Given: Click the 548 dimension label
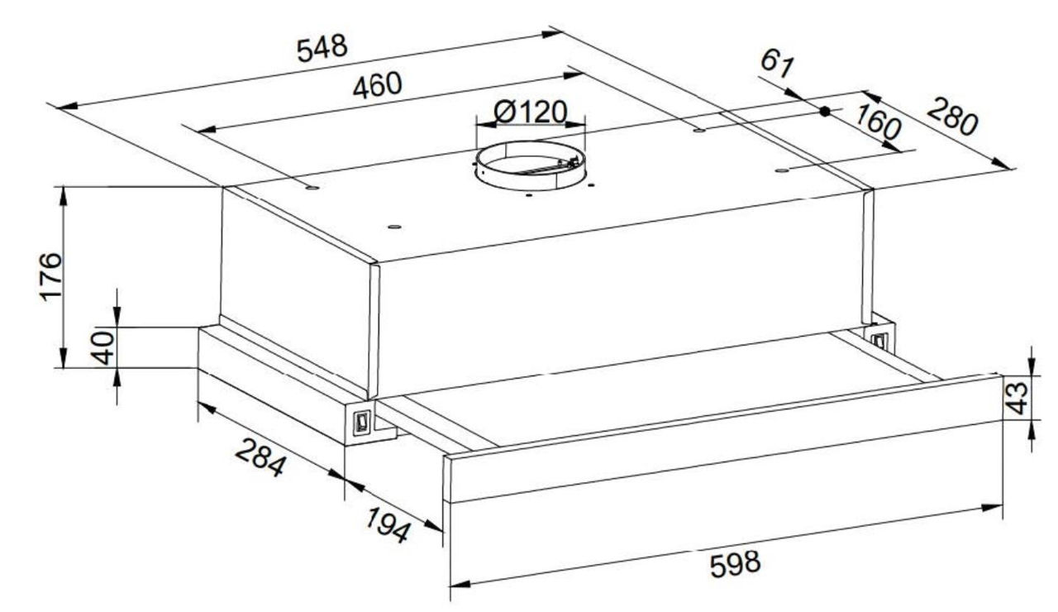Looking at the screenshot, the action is point(322,48).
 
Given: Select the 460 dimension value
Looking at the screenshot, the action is point(378,85).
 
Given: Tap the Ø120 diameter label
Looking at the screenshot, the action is point(530,112).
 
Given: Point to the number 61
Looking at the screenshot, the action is point(777,64).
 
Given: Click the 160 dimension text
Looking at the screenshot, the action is point(878,122).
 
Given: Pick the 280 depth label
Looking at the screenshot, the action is point(951,117).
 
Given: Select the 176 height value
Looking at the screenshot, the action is point(50,276).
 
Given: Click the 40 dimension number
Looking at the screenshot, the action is point(103,348).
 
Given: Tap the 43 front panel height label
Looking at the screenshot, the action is point(1016,398).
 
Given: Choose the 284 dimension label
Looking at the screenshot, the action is point(260,457).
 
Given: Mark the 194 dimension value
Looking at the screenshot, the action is point(388,524).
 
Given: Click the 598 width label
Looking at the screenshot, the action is point(736,564).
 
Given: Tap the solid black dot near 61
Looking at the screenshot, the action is point(825,112).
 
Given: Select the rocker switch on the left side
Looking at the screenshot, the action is point(362,422).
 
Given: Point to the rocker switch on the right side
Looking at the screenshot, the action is point(879,340).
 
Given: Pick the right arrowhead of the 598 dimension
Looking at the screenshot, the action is point(991,508).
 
